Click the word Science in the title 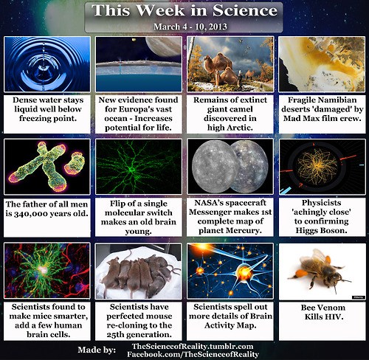[245, 10]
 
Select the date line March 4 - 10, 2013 [190, 27]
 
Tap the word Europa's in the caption [138, 109]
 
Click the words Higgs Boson [322, 230]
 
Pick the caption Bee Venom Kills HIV [323, 312]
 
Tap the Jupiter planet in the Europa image [164, 46]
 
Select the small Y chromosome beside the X [75, 163]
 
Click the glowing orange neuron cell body [244, 272]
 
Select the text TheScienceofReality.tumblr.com [193, 347]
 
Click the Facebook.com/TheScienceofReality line [193, 354]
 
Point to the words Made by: [97, 350]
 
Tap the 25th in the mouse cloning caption [116, 335]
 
